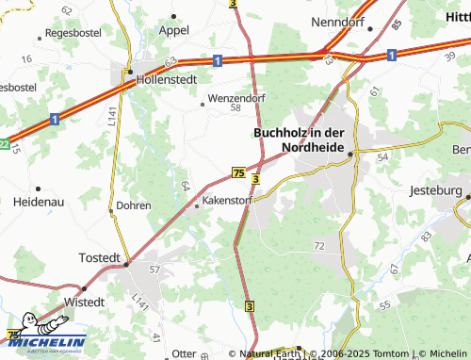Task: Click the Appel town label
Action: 173,29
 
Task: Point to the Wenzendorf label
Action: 236,97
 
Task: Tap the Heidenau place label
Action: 39,202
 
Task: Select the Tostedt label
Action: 103,257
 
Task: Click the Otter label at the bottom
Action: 183,353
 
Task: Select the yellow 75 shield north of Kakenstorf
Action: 238,172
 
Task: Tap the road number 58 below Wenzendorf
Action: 235,108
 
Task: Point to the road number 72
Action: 319,245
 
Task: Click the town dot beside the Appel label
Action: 175,16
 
